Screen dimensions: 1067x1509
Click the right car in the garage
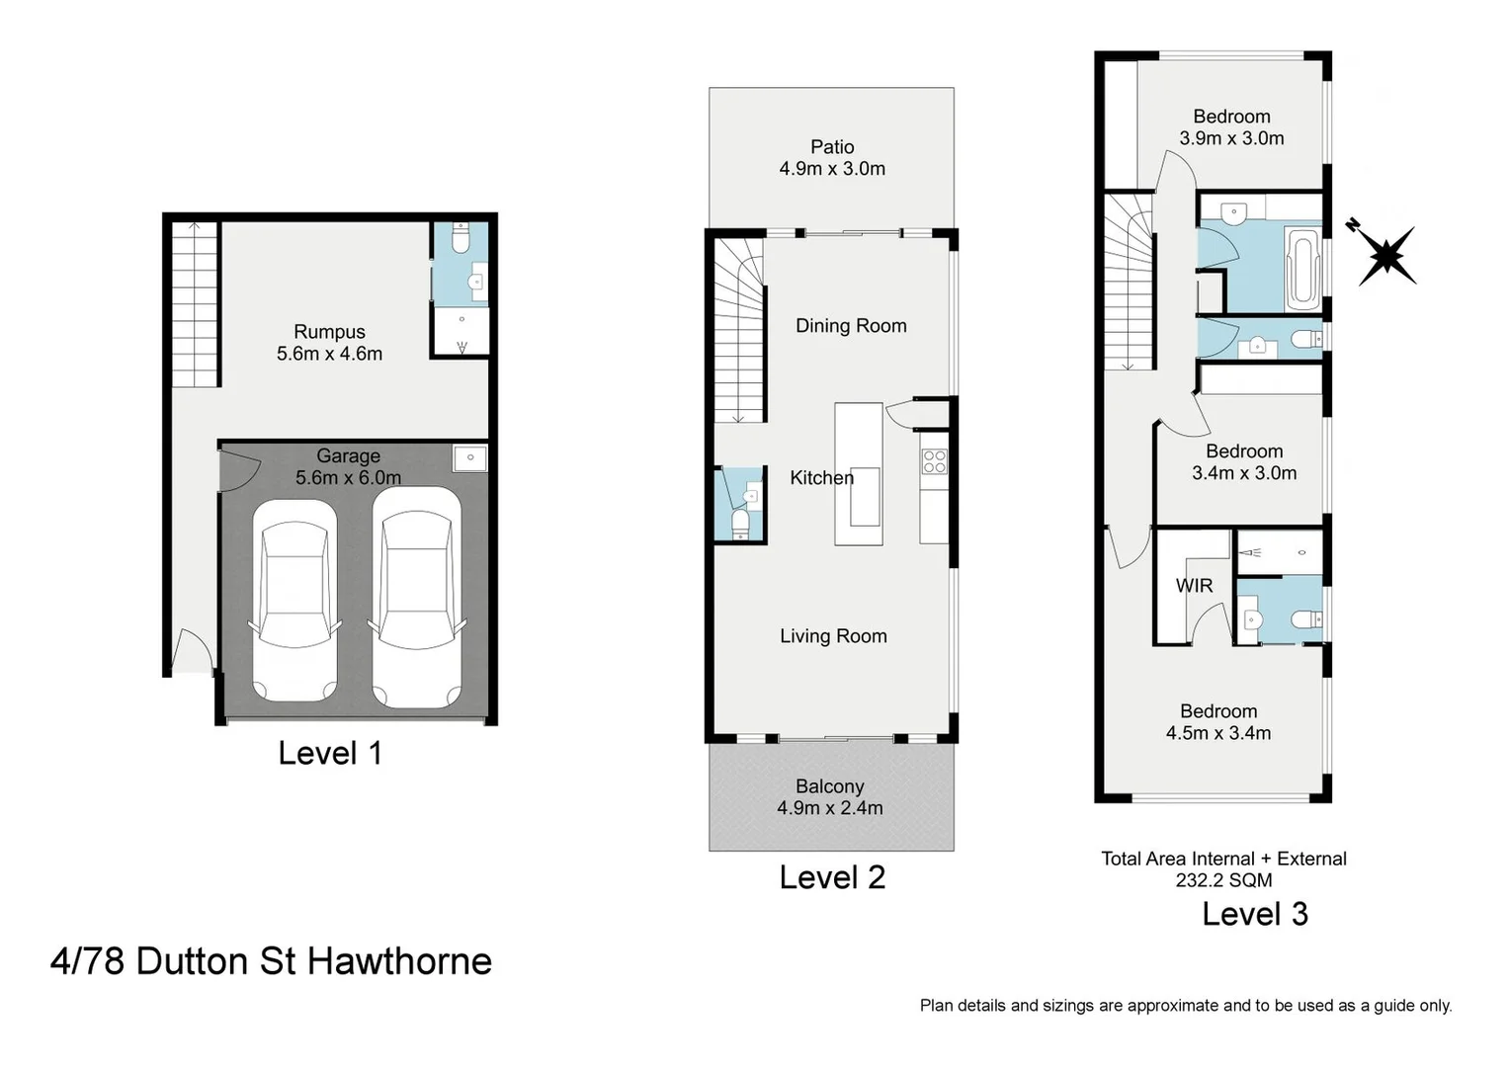[415, 599]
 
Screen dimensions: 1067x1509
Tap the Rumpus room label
[329, 332]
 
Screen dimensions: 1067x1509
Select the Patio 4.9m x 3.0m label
[832, 158]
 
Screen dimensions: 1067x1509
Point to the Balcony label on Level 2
[830, 786]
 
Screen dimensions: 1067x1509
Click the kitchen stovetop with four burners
[934, 461]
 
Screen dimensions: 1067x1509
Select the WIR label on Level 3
[1194, 586]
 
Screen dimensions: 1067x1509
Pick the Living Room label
[833, 636]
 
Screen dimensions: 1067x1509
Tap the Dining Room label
[851, 326]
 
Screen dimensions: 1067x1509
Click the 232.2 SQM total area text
[1223, 880]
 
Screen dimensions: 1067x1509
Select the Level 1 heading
[329, 753]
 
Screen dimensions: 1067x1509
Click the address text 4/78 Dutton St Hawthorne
[271, 961]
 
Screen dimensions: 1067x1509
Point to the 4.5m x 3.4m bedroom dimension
[1218, 733]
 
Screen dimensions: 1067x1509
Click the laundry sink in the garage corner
[470, 458]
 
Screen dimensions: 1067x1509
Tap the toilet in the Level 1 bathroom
[461, 239]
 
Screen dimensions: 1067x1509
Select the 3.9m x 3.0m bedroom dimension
[1231, 138]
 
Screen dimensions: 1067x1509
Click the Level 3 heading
[1254, 914]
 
